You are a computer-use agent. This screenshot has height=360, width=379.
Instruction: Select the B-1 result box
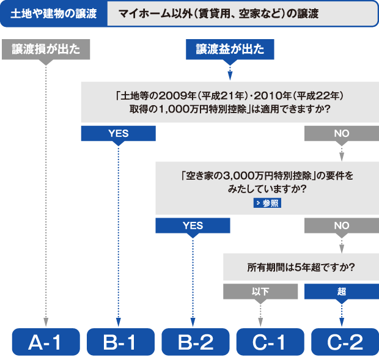(119, 342)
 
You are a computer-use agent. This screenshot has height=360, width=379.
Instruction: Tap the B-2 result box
(193, 342)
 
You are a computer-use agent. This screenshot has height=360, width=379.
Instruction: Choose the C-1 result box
(268, 342)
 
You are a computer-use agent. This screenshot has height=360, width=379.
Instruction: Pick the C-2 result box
(342, 342)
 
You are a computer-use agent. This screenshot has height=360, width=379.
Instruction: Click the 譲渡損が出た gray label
(46, 50)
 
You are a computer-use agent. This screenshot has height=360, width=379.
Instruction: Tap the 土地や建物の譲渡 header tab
(54, 13)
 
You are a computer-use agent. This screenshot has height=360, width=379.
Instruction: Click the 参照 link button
(267, 204)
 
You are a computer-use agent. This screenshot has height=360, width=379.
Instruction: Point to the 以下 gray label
(260, 292)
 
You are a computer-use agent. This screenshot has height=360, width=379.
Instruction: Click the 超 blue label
(342, 292)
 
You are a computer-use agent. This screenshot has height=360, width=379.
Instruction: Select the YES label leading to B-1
(118, 133)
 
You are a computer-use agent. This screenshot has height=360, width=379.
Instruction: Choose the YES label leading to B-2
(193, 226)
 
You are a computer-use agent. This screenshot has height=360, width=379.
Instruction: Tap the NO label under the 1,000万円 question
(342, 133)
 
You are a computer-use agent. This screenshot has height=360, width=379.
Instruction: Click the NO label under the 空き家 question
(342, 226)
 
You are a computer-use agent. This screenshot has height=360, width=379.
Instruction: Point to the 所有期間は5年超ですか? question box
(301, 267)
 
